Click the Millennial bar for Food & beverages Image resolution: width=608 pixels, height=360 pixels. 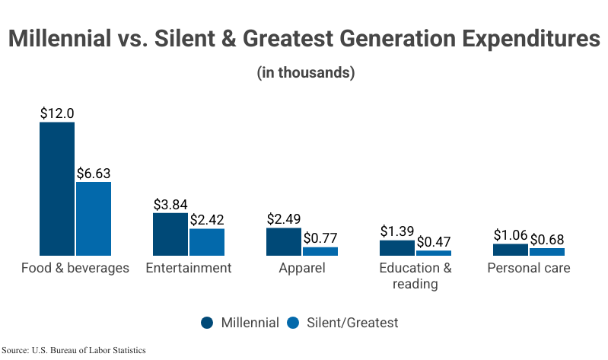point(57,188)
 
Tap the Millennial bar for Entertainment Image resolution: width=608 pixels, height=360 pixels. point(170,234)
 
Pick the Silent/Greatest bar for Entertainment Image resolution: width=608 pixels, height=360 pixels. point(207,241)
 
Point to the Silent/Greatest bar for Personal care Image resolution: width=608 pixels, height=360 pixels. point(547,251)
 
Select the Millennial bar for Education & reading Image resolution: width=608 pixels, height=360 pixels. point(397,247)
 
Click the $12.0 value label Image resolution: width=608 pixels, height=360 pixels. point(57,113)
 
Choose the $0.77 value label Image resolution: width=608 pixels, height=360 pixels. point(320,238)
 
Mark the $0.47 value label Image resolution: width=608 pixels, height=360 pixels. point(434,242)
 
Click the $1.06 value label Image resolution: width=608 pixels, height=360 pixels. point(511,235)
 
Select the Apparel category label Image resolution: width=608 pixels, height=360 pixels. point(302,268)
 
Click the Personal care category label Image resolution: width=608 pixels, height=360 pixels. point(529,268)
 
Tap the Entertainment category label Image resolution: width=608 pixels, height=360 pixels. point(189,268)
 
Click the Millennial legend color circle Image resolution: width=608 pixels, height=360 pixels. point(208,323)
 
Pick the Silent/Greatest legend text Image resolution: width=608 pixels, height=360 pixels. point(352,323)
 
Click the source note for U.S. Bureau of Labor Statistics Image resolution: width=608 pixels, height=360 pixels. point(74,350)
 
